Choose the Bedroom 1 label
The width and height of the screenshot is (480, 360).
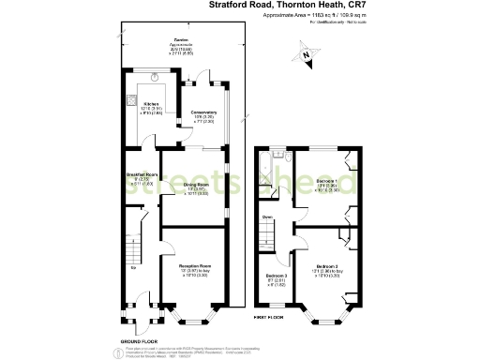326,179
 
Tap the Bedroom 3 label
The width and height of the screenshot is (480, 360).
274,275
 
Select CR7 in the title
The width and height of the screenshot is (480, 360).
346,5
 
